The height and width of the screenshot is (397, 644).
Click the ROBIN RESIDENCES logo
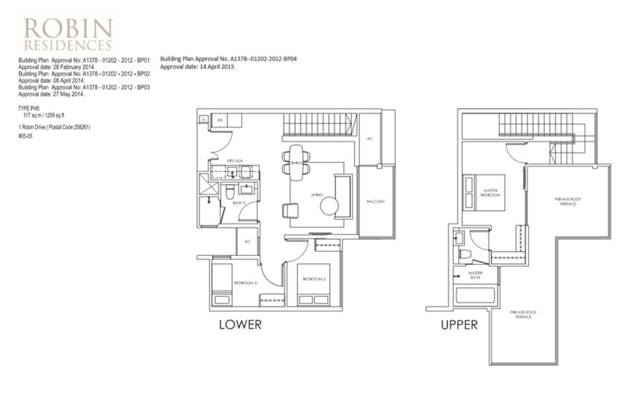pyautogui.click(x=68, y=33)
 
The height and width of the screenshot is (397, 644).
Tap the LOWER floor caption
pyautogui.click(x=240, y=325)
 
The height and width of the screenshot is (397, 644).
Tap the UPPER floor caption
pyautogui.click(x=459, y=325)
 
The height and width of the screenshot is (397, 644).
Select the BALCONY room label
pyautogui.click(x=376, y=202)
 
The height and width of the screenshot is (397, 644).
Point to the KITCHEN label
pyautogui.click(x=235, y=161)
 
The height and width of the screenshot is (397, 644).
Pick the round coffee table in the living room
pyautogui.click(x=330, y=206)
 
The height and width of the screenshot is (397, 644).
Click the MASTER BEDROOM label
pyautogui.click(x=490, y=192)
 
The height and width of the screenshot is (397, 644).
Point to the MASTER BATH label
pyautogui.click(x=476, y=275)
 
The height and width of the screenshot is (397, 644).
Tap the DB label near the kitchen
pyautogui.click(x=220, y=119)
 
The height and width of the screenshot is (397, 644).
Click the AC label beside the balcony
pyautogui.click(x=370, y=138)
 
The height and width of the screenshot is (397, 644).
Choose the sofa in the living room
pyautogui.click(x=343, y=195)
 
